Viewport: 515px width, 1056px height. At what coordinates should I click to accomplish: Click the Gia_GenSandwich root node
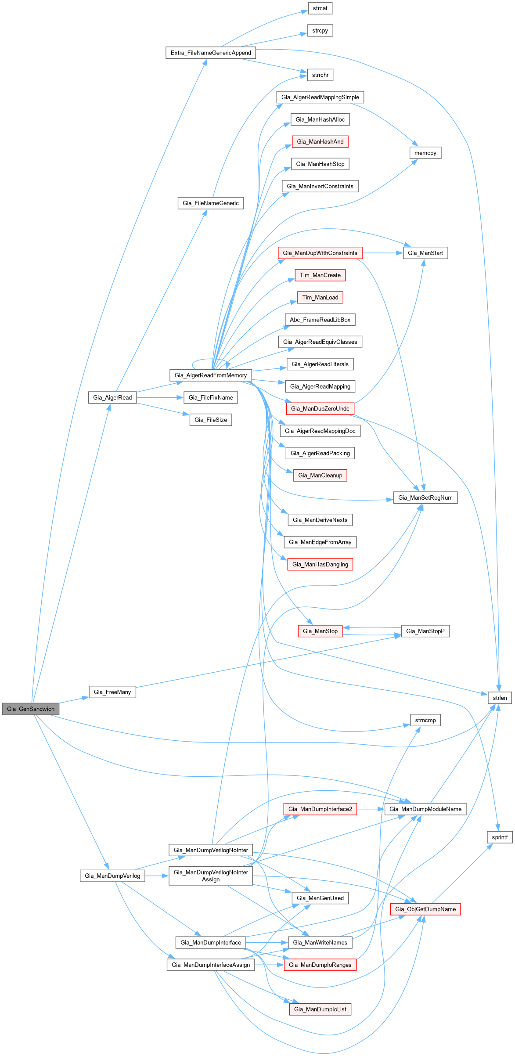tap(31, 709)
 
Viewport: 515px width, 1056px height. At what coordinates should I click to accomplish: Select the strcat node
tap(320, 8)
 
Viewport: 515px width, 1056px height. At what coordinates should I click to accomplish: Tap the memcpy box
tap(425, 153)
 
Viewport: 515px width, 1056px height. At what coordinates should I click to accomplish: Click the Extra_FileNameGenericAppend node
tap(211, 53)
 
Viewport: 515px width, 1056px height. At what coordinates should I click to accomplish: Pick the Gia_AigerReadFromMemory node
tap(211, 375)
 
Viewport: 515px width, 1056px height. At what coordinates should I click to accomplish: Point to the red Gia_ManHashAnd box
tap(320, 141)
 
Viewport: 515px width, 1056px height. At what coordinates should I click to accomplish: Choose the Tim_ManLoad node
tap(320, 297)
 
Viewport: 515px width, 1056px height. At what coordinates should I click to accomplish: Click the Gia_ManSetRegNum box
tap(425, 497)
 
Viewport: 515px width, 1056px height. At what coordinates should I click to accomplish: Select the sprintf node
tap(500, 837)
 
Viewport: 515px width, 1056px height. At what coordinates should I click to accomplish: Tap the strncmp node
tap(425, 720)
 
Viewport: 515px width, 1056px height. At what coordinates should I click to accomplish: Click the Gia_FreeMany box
tap(112, 692)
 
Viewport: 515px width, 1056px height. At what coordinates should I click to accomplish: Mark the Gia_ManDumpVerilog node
tap(112, 876)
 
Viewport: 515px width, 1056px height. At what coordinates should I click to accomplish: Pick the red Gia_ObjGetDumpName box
tap(425, 909)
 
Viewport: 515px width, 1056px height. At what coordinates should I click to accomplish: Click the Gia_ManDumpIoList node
tap(320, 1009)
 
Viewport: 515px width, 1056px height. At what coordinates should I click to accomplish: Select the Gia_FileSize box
tap(211, 420)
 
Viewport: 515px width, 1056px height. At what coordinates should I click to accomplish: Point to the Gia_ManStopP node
tap(425, 631)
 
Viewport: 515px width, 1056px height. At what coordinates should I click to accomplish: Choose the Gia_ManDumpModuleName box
tap(425, 809)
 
